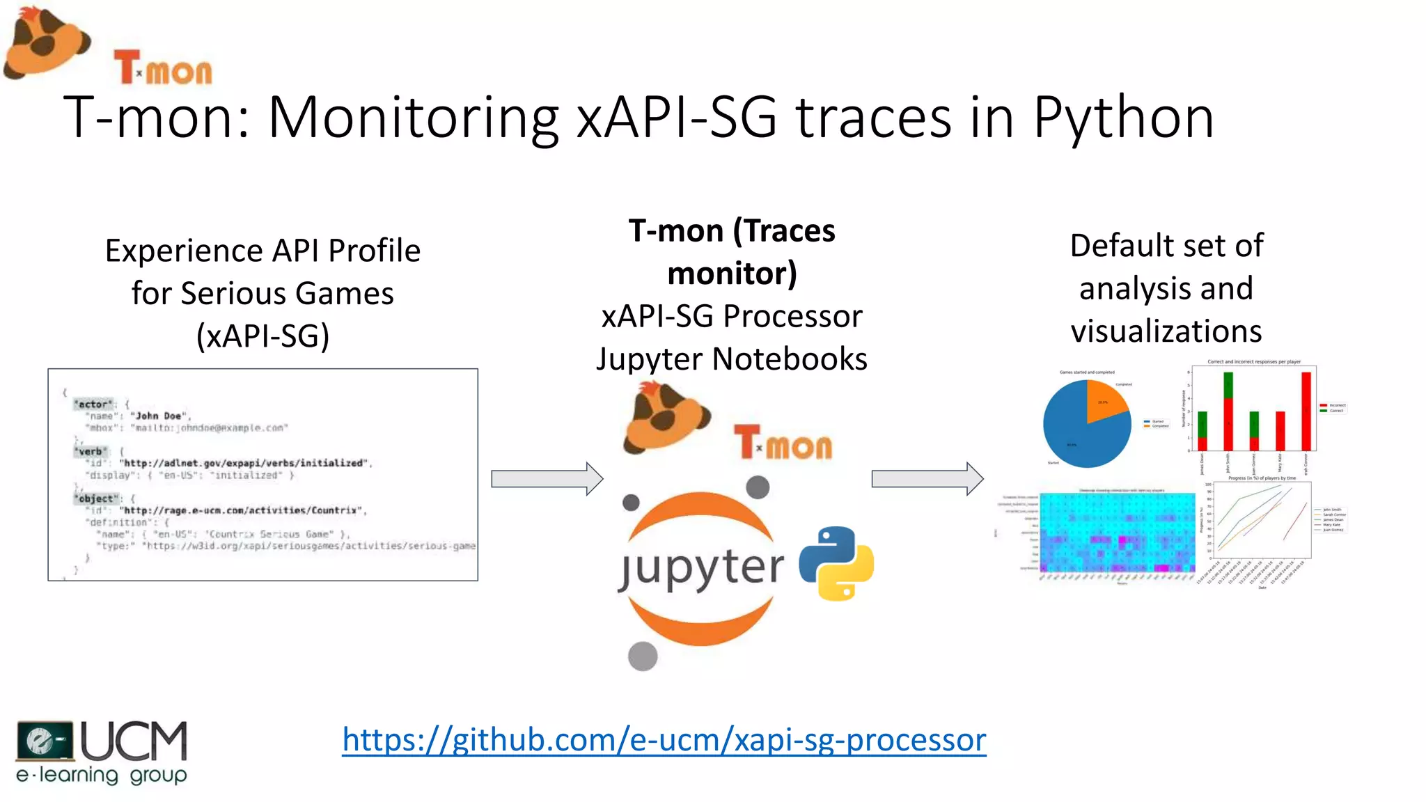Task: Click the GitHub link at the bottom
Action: click(x=664, y=739)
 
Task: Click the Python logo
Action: click(x=836, y=563)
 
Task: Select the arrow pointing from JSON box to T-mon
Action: click(x=547, y=479)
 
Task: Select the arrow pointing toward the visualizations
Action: click(x=927, y=479)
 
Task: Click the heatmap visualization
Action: click(x=1117, y=533)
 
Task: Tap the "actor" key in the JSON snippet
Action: click(x=93, y=404)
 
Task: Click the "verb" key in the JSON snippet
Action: click(x=91, y=451)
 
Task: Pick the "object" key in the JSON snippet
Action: click(x=95, y=498)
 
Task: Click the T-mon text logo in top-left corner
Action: click(x=164, y=69)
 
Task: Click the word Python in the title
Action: click(x=1123, y=117)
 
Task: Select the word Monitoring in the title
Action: click(x=414, y=117)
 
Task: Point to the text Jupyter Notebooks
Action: click(x=731, y=359)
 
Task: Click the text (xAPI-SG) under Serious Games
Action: click(x=263, y=336)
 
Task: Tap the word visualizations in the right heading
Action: click(x=1166, y=331)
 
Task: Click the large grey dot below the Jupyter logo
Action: click(x=642, y=656)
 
